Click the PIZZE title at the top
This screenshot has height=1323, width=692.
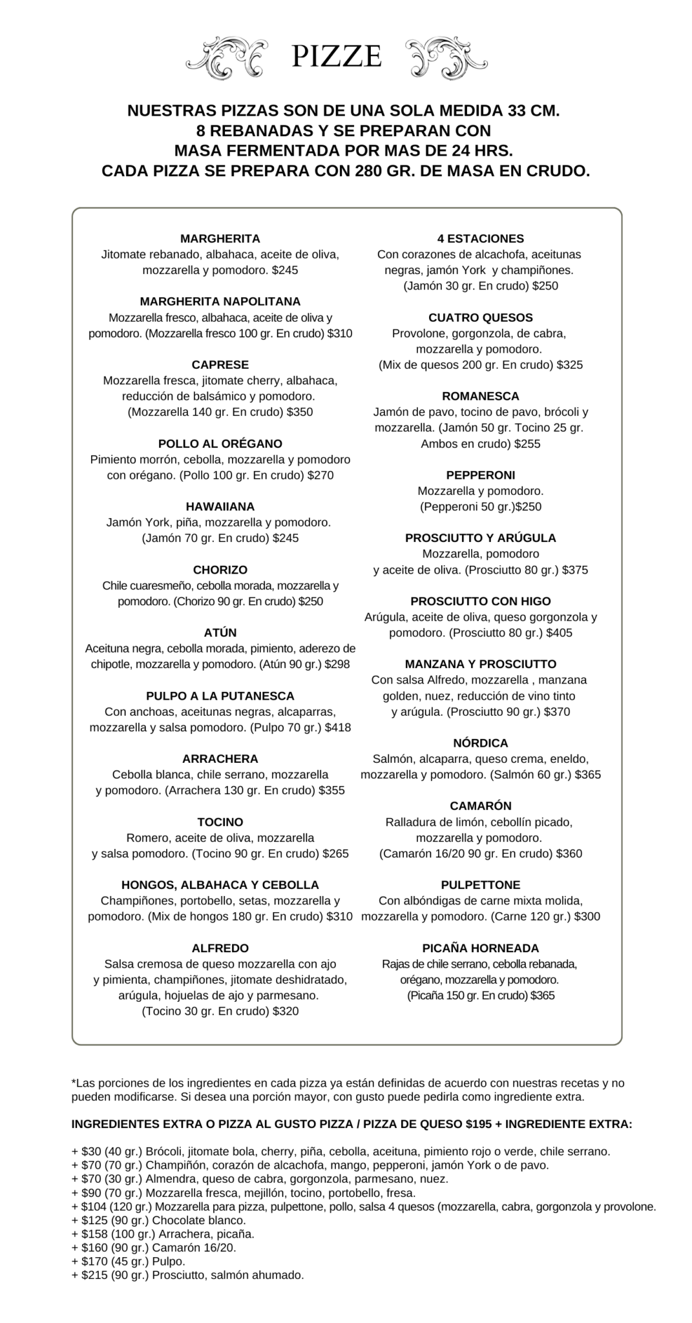pyautogui.click(x=336, y=57)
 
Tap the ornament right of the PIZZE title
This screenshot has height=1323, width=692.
pyautogui.click(x=446, y=58)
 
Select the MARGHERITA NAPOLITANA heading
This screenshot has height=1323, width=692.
pyautogui.click(x=220, y=302)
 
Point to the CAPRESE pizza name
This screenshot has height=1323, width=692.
pyautogui.click(x=220, y=365)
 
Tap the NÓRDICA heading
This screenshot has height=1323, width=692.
pyautogui.click(x=480, y=743)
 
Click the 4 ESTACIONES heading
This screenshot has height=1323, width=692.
pyautogui.click(x=480, y=239)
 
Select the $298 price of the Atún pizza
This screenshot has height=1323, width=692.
pyautogui.click(x=337, y=664)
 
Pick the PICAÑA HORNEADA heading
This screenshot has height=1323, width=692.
pyautogui.click(x=480, y=948)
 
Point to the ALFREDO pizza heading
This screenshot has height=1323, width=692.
pyautogui.click(x=220, y=948)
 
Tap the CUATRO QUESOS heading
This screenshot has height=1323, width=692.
pyautogui.click(x=480, y=318)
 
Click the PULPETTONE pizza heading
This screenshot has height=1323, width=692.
pyautogui.click(x=480, y=885)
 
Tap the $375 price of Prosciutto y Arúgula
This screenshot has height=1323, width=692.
pyautogui.click(x=575, y=570)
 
